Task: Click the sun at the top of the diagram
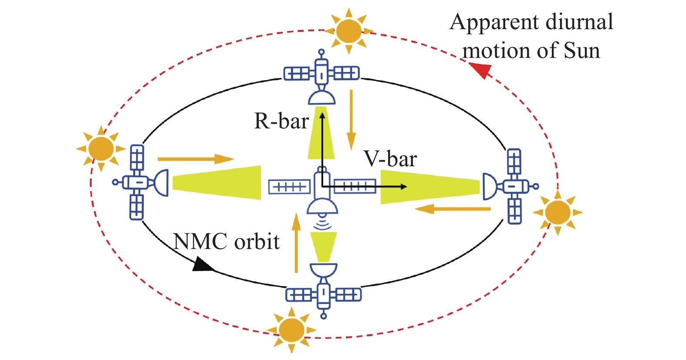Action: pos(348,30)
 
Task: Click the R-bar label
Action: pos(281,121)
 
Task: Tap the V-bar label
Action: pos(390,159)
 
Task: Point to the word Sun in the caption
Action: pos(582,50)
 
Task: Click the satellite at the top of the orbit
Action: pos(322,78)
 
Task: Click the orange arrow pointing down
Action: pos(350,120)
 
